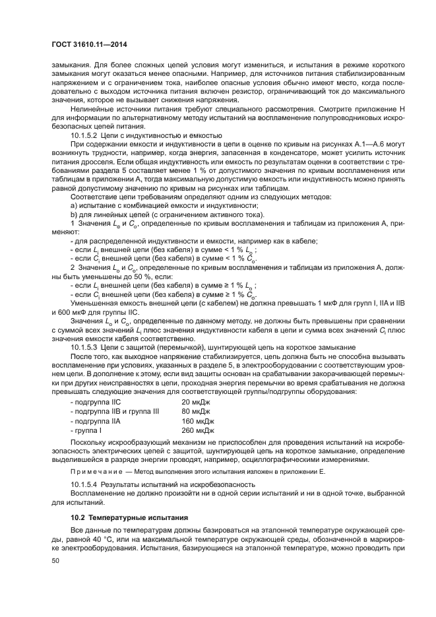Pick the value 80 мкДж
[x=196, y=411]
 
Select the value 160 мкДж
[x=198, y=420]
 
